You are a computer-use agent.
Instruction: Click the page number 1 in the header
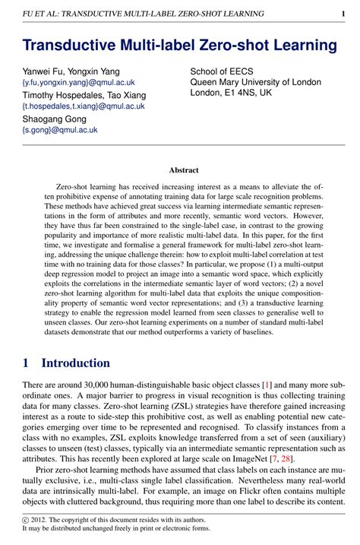click(343, 14)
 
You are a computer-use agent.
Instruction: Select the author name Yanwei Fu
click(40, 71)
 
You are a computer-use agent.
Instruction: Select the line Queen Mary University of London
click(256, 83)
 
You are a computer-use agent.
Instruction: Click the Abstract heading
click(183, 170)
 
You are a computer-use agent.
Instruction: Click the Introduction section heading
click(75, 363)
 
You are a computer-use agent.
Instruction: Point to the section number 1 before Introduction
click(26, 363)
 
